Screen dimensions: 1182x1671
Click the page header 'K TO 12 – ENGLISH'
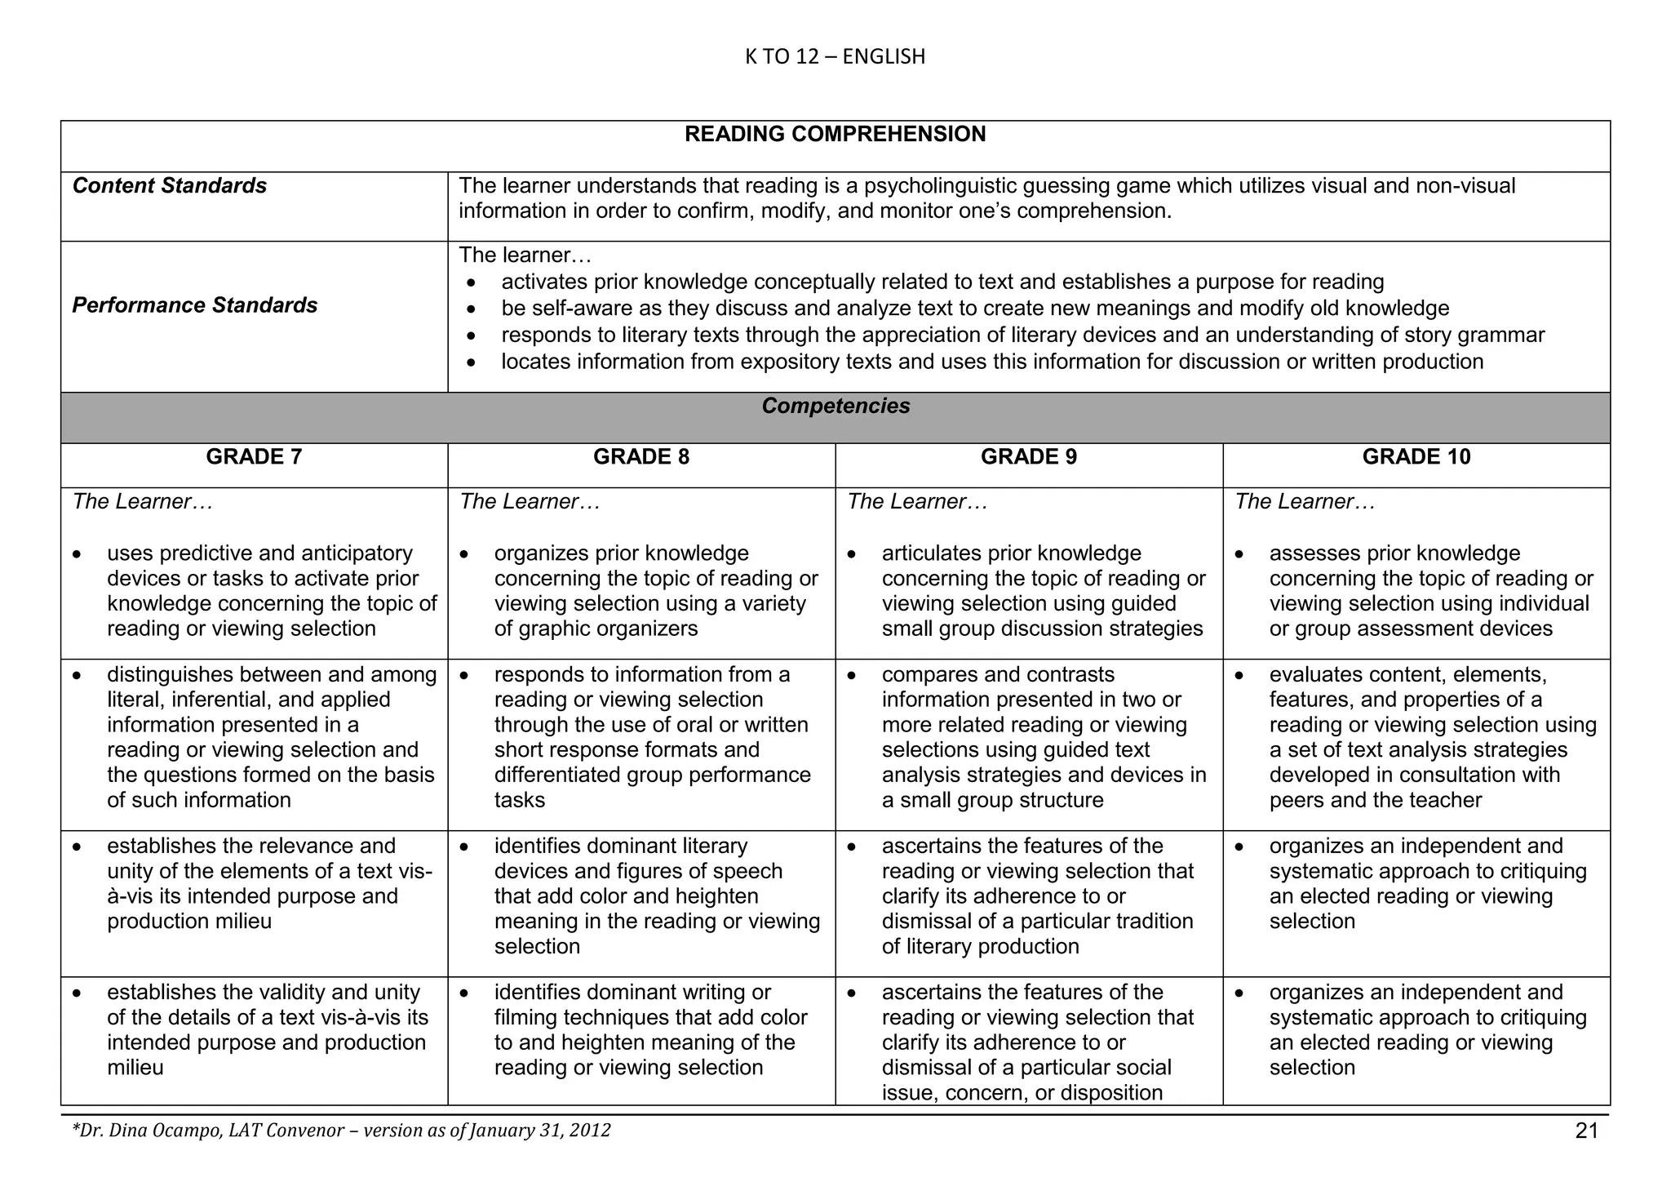pos(835,56)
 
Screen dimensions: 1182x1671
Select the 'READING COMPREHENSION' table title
pos(835,134)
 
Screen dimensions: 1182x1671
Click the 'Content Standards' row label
pos(170,186)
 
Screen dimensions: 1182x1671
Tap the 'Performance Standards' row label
pos(195,305)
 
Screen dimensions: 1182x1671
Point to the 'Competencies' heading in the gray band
pos(835,406)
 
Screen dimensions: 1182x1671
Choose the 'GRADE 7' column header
pos(254,456)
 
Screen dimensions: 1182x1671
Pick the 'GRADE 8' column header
pos(641,456)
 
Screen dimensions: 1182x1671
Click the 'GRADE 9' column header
pos(1028,456)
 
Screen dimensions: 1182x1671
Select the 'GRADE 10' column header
pos(1416,456)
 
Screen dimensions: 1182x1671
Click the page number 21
pos(1586,1131)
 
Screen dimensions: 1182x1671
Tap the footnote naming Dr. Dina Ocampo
pos(341,1131)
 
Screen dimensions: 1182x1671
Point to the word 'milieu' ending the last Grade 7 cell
pos(135,1068)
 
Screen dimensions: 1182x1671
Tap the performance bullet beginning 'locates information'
pos(991,362)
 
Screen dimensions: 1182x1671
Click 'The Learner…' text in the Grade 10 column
pos(1305,501)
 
